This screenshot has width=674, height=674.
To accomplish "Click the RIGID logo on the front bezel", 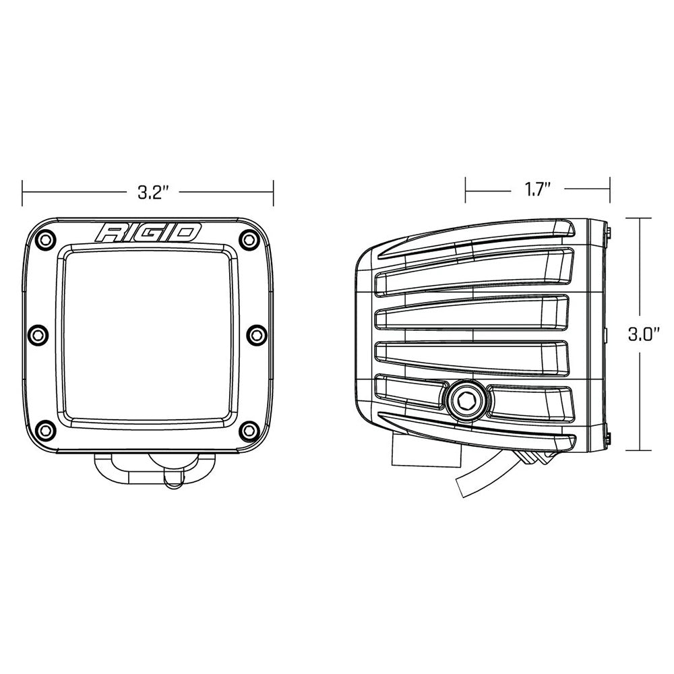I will pos(148,233).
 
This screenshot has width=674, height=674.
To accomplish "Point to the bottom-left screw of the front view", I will pos(46,429).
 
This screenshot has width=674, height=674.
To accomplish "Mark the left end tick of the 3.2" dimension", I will pos(22,192).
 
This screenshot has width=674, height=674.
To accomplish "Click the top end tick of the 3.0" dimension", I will pos(640,218).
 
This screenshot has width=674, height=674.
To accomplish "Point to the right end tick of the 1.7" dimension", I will pos(610,190).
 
